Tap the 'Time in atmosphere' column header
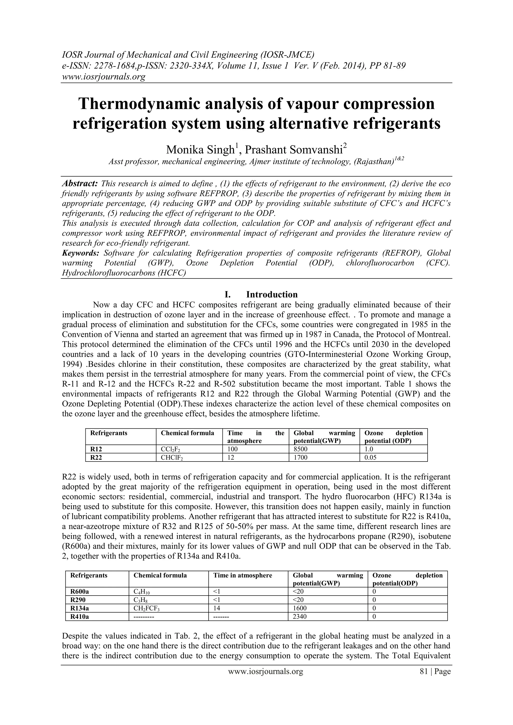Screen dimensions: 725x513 pyautogui.click(x=243, y=575)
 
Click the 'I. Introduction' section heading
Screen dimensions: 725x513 pyautogui.click(x=261, y=294)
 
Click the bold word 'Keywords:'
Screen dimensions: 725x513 pyautogui.click(x=81, y=253)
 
